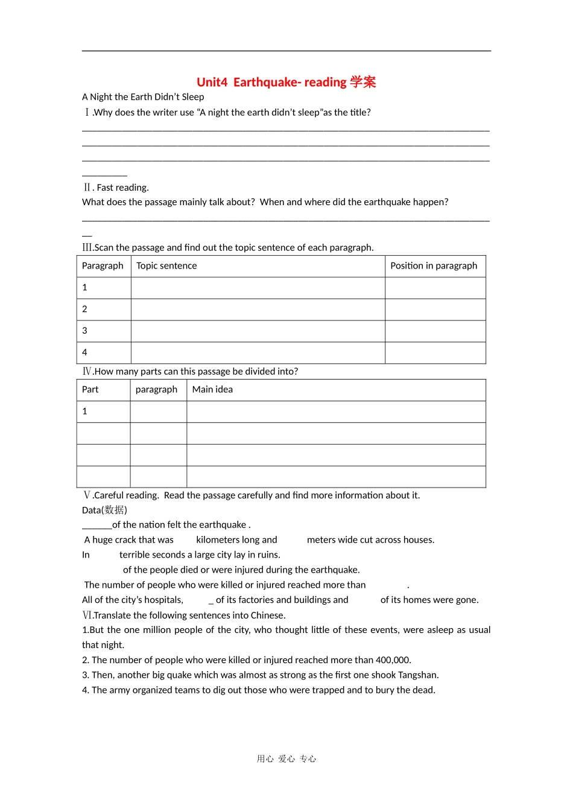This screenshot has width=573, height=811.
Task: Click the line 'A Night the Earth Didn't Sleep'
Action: click(x=143, y=97)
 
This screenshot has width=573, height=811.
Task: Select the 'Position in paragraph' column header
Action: click(x=434, y=266)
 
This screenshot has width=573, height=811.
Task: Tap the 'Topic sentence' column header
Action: click(x=166, y=266)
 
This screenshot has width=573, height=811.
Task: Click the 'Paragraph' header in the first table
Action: click(x=103, y=266)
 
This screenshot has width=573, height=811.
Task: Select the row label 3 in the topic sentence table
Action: click(x=85, y=331)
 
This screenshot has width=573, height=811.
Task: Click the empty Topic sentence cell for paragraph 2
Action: click(x=258, y=310)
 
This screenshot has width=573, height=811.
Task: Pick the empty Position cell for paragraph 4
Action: click(x=435, y=352)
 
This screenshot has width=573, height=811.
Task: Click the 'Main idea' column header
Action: click(x=212, y=390)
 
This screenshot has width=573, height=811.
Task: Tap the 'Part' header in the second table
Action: click(x=90, y=390)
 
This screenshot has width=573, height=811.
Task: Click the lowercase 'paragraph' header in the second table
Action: click(x=156, y=390)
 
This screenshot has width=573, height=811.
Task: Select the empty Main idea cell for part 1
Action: click(x=335, y=412)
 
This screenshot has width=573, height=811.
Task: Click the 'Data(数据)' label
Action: click(x=104, y=510)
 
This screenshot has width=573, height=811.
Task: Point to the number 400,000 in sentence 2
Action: click(x=393, y=660)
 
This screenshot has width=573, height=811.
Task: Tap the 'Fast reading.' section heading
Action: click(x=122, y=188)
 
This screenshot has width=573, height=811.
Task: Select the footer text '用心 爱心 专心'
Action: click(x=286, y=759)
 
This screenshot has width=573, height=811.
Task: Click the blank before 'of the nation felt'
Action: click(x=97, y=525)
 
